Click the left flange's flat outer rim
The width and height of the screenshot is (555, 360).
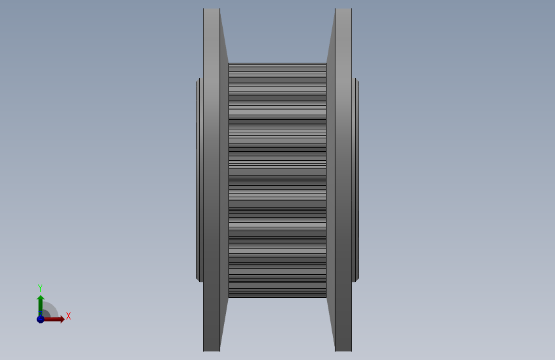click(x=211, y=180)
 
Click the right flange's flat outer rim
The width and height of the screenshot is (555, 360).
click(x=343, y=180)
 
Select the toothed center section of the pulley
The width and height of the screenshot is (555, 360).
click(x=278, y=180)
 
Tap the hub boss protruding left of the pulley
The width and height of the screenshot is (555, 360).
click(x=199, y=180)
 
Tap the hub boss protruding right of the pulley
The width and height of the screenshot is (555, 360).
click(x=356, y=180)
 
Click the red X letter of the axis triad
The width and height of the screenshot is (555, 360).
click(x=68, y=316)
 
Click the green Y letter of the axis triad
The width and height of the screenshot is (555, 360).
click(x=40, y=288)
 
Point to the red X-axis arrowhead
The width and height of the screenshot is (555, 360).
click(x=62, y=319)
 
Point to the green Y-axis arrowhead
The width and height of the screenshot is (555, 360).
click(x=41, y=298)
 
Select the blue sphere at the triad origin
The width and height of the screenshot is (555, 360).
click(x=41, y=319)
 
